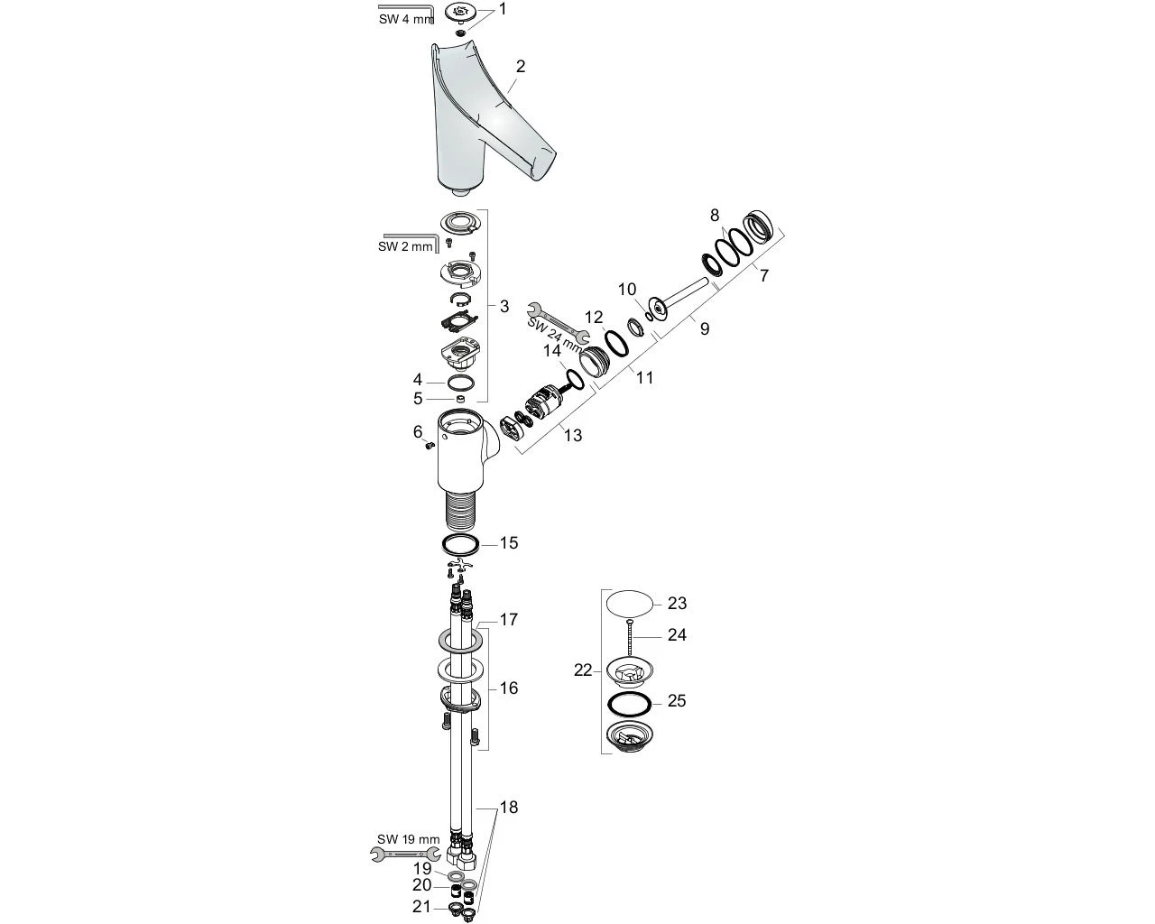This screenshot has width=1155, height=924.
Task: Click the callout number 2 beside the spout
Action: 521,66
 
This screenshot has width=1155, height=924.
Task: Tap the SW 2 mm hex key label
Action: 405,246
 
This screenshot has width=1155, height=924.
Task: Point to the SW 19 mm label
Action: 409,839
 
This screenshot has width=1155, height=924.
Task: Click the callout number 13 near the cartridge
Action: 573,435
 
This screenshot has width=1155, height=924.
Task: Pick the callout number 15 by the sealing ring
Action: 509,542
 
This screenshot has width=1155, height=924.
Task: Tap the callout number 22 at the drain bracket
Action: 583,670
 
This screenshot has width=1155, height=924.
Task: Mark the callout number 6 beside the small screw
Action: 418,432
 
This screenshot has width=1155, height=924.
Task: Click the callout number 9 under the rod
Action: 705,328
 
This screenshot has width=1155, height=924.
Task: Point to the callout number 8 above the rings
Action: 715,215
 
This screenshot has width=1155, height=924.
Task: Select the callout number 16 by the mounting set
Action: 509,688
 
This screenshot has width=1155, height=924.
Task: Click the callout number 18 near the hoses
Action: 509,807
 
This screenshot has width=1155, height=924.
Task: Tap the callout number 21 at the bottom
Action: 422,906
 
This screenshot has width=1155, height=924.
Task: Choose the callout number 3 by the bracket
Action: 504,306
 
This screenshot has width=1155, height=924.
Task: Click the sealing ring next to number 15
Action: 461,544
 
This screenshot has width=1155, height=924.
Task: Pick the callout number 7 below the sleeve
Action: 764,275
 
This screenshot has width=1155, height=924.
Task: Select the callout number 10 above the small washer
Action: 627,289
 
